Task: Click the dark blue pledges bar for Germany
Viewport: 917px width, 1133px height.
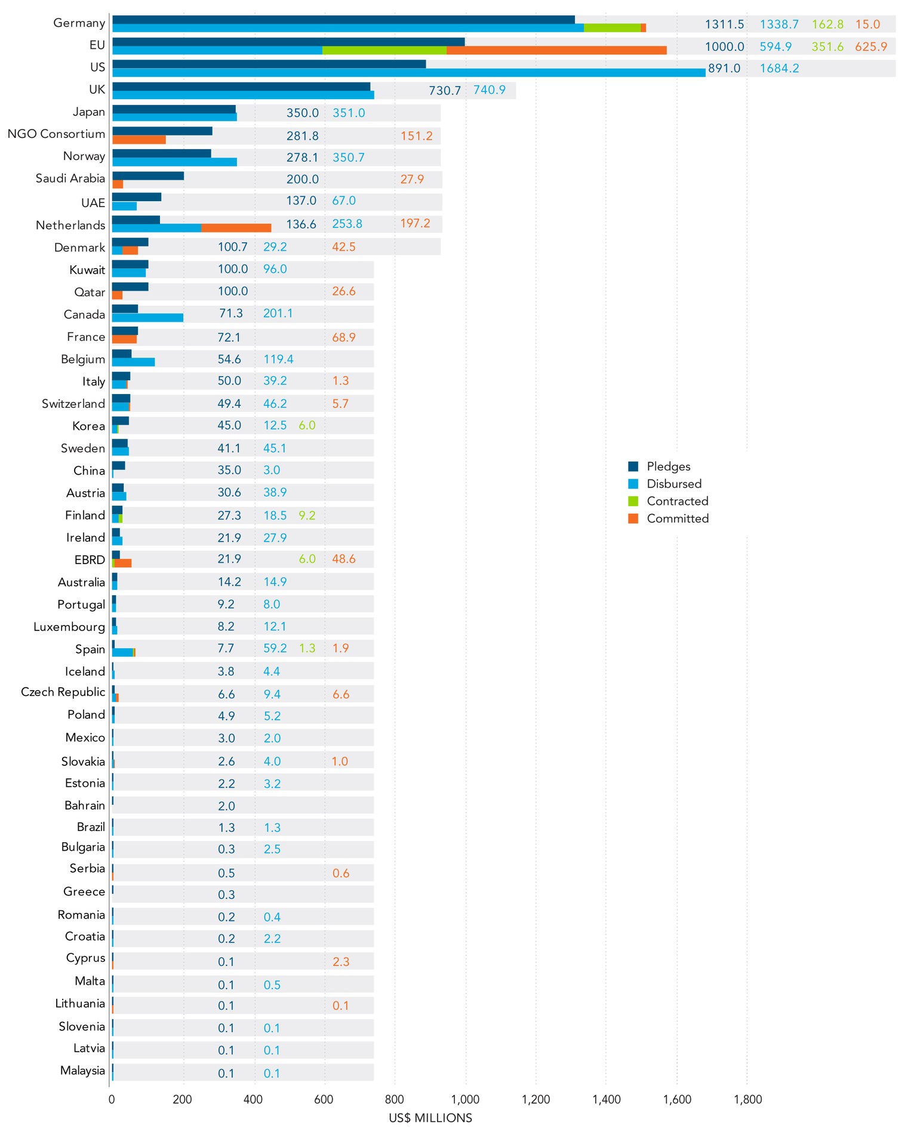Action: coord(343,20)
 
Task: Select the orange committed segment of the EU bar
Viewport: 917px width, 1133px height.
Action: coord(556,50)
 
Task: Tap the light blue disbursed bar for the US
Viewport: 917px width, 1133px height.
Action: coord(408,73)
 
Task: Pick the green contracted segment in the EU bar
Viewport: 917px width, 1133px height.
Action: coord(384,50)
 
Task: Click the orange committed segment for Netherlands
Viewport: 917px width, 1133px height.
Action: coord(236,227)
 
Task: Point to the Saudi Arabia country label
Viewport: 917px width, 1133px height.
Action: coord(70,178)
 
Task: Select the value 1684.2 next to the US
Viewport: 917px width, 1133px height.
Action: coord(779,69)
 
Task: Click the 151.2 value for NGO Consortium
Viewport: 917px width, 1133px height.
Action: coord(416,136)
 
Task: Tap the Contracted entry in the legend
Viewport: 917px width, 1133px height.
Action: coord(677,501)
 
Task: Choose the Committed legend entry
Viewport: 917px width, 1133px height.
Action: coord(678,519)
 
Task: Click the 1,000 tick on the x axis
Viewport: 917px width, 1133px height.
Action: coord(465,1100)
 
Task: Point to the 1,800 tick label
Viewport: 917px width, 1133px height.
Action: coord(747,1100)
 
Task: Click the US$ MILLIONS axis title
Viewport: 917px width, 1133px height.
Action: coord(430,1118)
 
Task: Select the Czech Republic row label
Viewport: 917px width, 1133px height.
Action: coord(63,692)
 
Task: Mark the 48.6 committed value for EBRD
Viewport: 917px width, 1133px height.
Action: coord(343,559)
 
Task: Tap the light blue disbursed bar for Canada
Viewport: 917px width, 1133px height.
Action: coord(147,318)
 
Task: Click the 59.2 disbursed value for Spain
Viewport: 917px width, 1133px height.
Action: coord(275,648)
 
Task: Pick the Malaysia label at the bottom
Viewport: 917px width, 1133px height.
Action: coord(82,1071)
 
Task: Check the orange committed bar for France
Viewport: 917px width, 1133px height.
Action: coord(124,340)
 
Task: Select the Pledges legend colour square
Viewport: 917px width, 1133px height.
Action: coord(633,467)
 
